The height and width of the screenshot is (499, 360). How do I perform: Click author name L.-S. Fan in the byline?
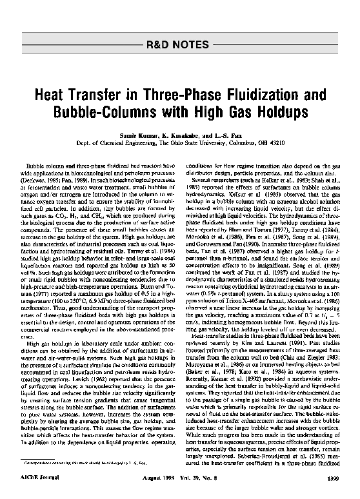(230, 137)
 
